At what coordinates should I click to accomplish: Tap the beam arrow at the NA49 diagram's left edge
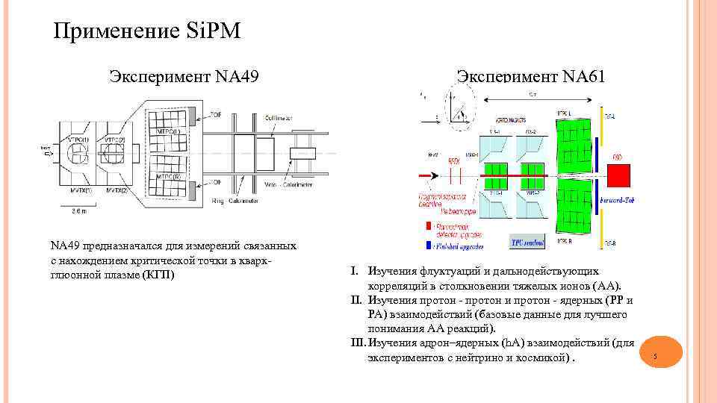click(x=45, y=154)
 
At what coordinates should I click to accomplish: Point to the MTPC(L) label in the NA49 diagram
click(x=168, y=131)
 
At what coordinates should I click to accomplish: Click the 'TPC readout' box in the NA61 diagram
click(x=527, y=243)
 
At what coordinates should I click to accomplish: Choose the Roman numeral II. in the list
click(x=356, y=301)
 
